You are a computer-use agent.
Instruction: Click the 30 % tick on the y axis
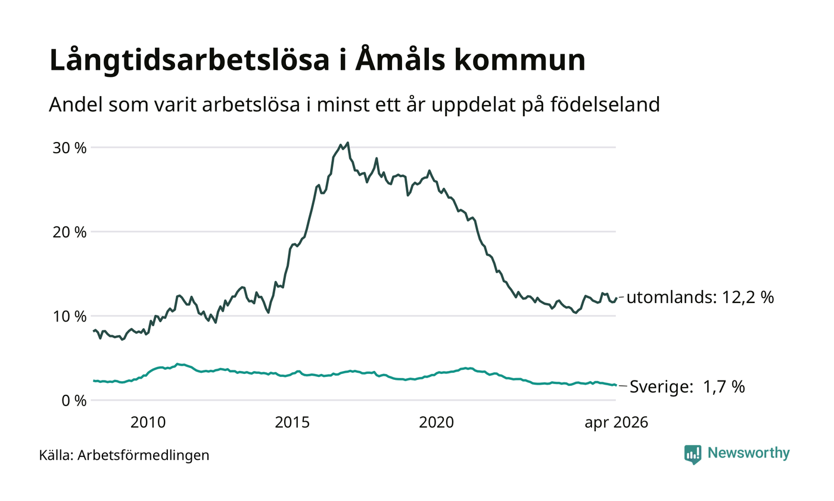point(69,149)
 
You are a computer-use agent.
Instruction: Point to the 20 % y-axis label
point(69,233)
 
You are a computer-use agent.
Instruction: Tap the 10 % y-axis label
point(69,317)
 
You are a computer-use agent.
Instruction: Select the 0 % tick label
point(74,401)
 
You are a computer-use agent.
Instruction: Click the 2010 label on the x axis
point(148,423)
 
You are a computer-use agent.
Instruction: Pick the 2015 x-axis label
point(292,423)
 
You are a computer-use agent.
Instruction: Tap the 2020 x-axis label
point(436,423)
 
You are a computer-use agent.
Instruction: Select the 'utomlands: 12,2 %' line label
point(700,298)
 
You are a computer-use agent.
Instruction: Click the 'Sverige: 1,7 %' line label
point(687,386)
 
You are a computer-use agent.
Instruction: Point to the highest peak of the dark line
point(348,143)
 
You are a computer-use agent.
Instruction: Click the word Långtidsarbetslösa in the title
point(189,60)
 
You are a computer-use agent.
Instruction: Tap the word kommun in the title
point(519,60)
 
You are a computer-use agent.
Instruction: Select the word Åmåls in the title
point(400,59)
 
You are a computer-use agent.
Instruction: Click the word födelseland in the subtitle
point(605,104)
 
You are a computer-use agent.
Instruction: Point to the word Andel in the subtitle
point(76,104)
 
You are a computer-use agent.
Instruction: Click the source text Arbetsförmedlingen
point(144,456)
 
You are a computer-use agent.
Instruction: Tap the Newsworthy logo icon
point(692,454)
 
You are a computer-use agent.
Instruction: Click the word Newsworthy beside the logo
point(748,454)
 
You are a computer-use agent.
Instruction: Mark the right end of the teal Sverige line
point(616,385)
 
